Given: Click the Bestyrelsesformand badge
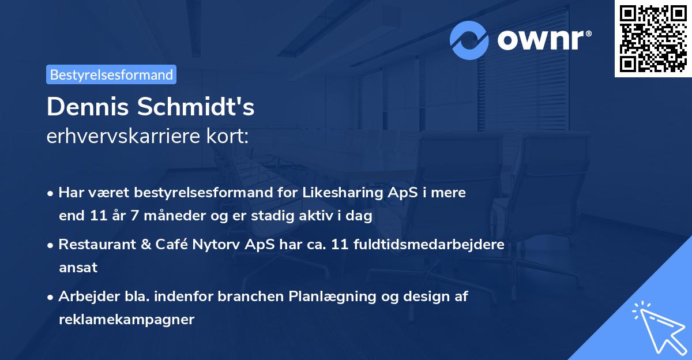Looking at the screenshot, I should pos(111,74).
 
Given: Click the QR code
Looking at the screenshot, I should pos(653,38).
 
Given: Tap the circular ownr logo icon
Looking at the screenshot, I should pos(469,40).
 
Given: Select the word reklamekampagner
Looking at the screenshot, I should pos(126,319).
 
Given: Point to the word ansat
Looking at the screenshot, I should pos(78,267).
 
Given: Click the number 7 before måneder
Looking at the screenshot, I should pos(143,216).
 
